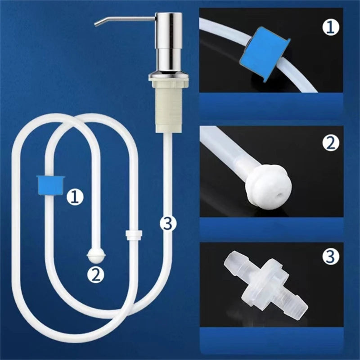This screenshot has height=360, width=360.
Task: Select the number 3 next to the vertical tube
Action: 167,223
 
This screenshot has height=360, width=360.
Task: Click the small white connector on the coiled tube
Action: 133,234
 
